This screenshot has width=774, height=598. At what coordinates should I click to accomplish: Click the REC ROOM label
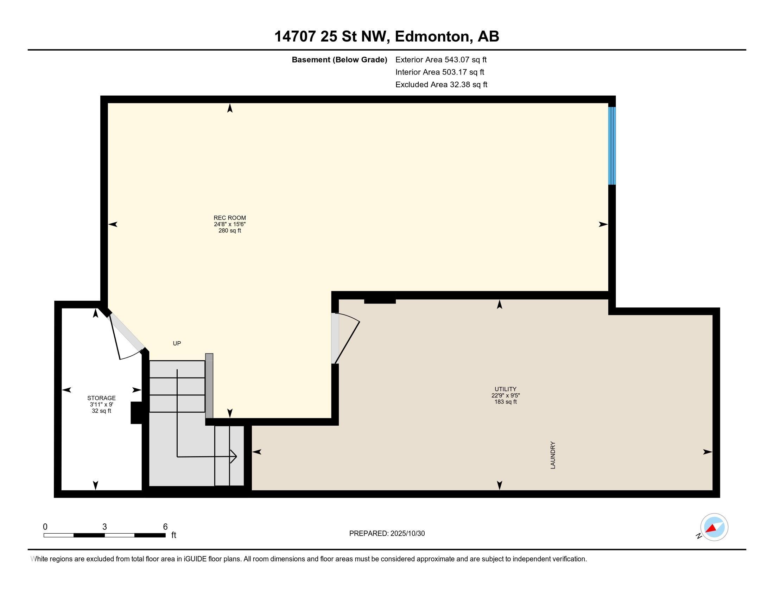point(229,218)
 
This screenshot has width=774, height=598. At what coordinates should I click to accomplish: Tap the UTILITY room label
point(505,389)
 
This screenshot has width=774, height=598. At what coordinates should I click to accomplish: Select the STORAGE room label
point(101,398)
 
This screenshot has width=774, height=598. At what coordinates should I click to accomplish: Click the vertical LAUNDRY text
point(553,455)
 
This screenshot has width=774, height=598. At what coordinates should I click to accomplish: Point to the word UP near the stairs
point(177,343)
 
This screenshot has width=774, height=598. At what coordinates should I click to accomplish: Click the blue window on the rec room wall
point(612,146)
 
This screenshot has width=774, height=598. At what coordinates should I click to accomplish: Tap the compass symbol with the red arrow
point(714,527)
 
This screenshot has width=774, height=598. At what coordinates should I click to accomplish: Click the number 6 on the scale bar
point(165,527)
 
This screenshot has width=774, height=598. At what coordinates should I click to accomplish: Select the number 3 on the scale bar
point(104,527)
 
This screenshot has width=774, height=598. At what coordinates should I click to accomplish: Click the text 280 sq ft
point(229,231)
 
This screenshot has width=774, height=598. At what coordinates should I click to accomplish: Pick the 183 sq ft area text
point(505,402)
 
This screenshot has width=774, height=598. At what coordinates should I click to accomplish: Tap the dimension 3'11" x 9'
point(101,405)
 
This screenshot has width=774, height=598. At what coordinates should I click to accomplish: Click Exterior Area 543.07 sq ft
point(441,60)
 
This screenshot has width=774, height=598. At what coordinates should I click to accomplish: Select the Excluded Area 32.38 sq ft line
point(441,85)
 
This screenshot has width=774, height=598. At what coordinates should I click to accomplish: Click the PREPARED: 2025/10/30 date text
point(387,534)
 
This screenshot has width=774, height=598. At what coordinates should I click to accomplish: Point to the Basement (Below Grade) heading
point(339,60)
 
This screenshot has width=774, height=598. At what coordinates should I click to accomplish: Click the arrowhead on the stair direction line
point(234,457)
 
